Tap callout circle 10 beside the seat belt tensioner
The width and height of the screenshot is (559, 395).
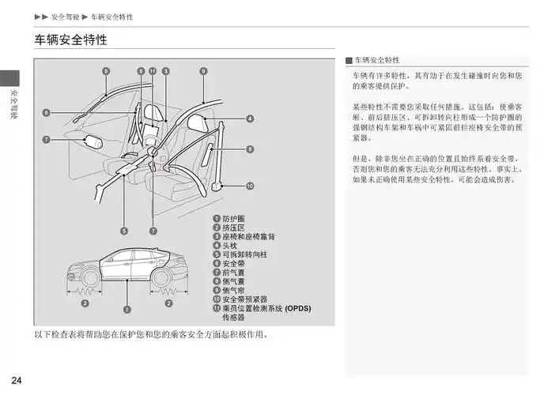pyautogui.click(x=250, y=186)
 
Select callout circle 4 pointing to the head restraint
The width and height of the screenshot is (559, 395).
pyautogui.click(x=250, y=119)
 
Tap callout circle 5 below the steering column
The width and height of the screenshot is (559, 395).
pyautogui.click(x=124, y=231)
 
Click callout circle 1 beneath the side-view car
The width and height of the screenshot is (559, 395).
pyautogui.click(x=127, y=309)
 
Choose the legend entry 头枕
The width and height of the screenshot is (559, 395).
pyautogui.click(x=228, y=245)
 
